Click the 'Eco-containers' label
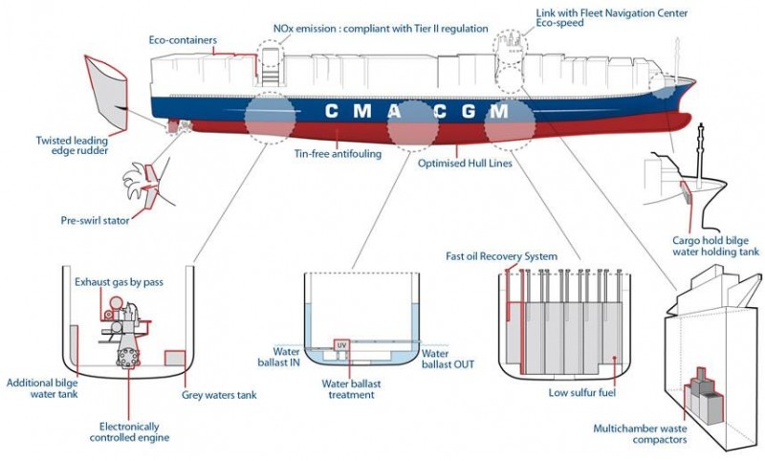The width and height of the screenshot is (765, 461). [183, 40]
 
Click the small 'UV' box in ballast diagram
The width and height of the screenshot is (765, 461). [341, 344]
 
